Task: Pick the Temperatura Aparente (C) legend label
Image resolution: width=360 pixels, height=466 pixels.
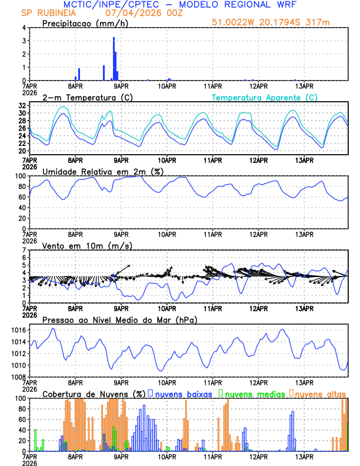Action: (x=265, y=97)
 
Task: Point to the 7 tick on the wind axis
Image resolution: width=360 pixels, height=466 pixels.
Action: (x=25, y=251)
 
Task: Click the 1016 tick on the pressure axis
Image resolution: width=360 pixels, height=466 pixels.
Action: (x=19, y=331)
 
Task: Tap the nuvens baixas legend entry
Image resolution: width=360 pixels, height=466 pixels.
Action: (x=184, y=393)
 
